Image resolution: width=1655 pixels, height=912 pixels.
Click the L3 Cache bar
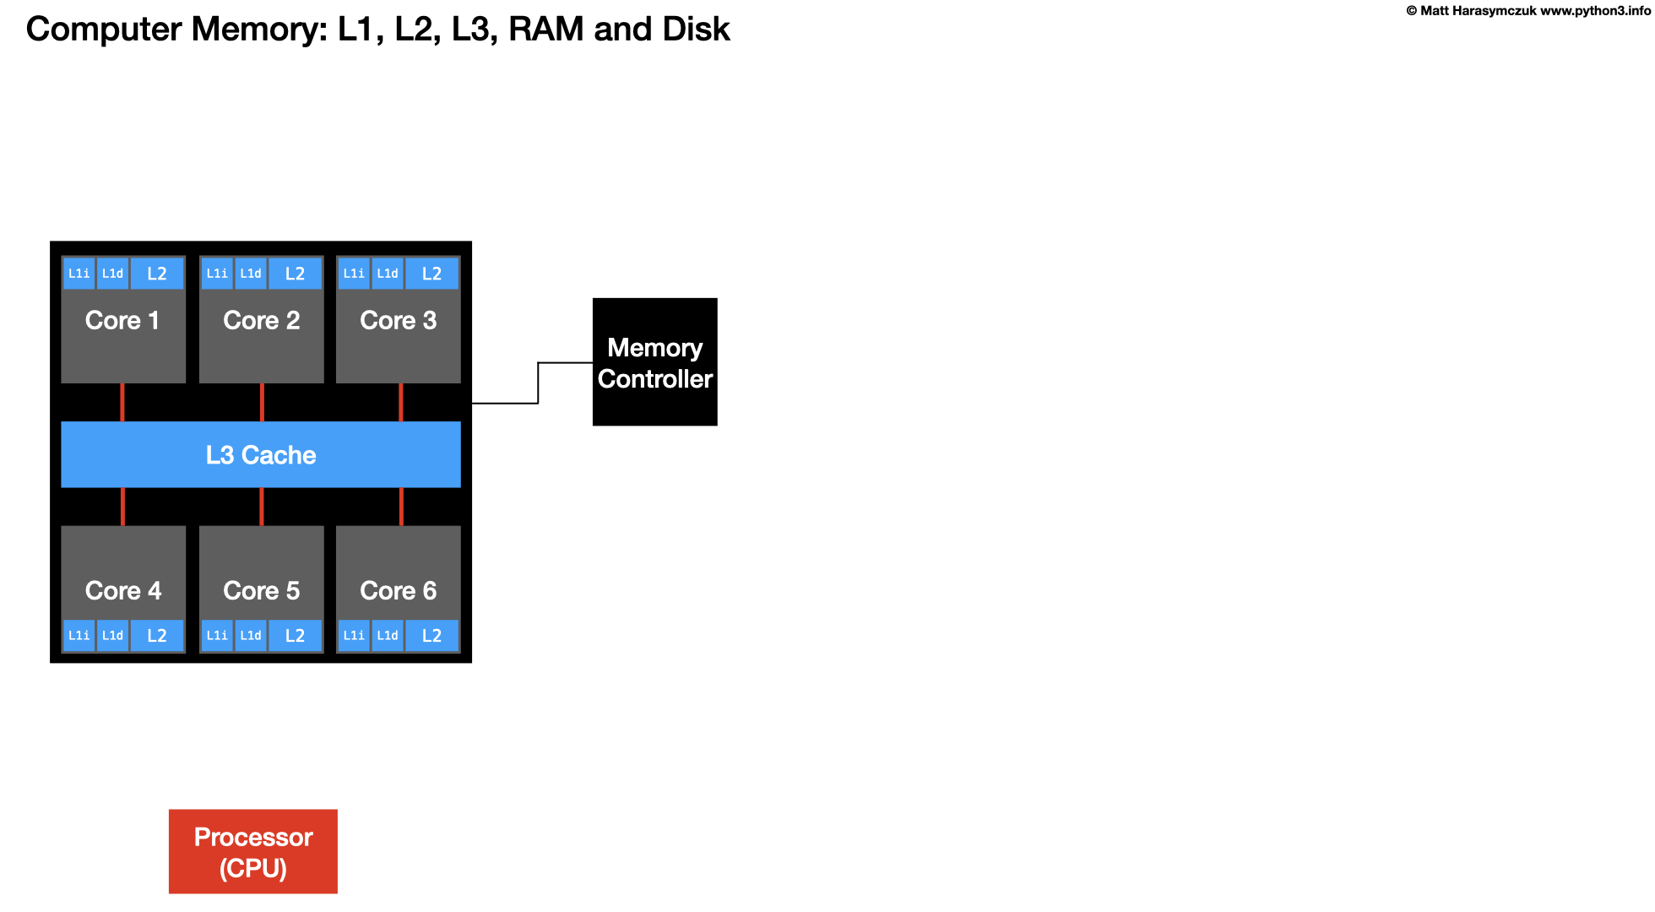click(x=261, y=454)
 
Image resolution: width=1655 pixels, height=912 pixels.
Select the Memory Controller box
click(x=654, y=362)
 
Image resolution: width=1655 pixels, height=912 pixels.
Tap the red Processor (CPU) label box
click(x=252, y=851)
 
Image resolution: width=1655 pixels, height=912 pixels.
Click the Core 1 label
click(x=122, y=321)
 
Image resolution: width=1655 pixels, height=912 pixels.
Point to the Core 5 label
click(x=261, y=590)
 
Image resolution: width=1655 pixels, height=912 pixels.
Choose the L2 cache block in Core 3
click(x=431, y=274)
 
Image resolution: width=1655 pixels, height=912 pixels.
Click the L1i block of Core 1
click(x=79, y=274)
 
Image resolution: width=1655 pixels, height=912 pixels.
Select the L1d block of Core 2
click(x=251, y=274)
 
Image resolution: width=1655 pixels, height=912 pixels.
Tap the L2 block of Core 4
click(x=157, y=636)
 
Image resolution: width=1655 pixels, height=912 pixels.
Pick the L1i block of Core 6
click(x=354, y=636)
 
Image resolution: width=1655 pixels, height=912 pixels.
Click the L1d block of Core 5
click(x=251, y=636)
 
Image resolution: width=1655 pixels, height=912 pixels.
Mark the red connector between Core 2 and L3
click(x=262, y=402)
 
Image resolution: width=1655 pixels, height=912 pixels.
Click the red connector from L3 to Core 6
click(x=401, y=507)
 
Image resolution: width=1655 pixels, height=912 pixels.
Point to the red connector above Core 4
click(x=123, y=507)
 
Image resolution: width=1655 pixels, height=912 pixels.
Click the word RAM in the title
click(x=546, y=29)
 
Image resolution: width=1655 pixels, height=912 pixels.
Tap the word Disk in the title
click(x=696, y=29)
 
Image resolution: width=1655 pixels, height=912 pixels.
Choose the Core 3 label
click(x=398, y=321)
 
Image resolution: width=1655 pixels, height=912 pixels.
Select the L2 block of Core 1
click(x=157, y=274)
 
